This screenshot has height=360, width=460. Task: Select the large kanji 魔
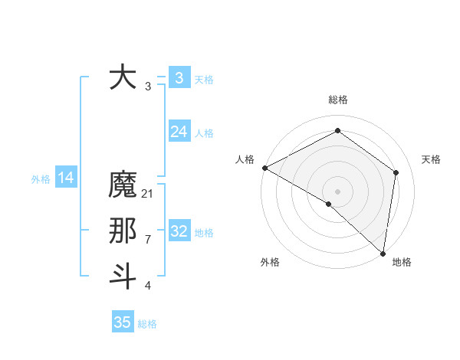(x=123, y=185)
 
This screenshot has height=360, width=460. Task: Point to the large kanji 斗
(x=123, y=276)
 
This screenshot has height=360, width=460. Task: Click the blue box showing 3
(x=179, y=77)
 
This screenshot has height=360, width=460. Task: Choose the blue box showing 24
(x=179, y=132)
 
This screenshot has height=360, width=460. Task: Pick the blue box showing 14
(x=66, y=178)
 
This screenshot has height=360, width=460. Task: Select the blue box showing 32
(x=179, y=231)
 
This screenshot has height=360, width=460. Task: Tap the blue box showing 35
(x=123, y=322)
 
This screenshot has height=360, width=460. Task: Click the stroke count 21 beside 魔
(x=148, y=195)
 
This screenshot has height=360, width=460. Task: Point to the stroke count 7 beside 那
(x=148, y=240)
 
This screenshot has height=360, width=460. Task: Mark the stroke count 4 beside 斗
(x=148, y=286)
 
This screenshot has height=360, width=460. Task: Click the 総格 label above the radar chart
(x=337, y=100)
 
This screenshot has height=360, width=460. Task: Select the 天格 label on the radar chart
(x=431, y=159)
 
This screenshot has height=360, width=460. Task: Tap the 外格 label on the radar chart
(x=270, y=263)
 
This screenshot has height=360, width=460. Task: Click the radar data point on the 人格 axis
(x=264, y=168)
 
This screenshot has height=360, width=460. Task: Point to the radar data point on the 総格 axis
(x=337, y=131)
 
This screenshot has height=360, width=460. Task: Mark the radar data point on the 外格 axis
(x=328, y=204)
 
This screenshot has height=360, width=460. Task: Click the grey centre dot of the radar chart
(x=337, y=191)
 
